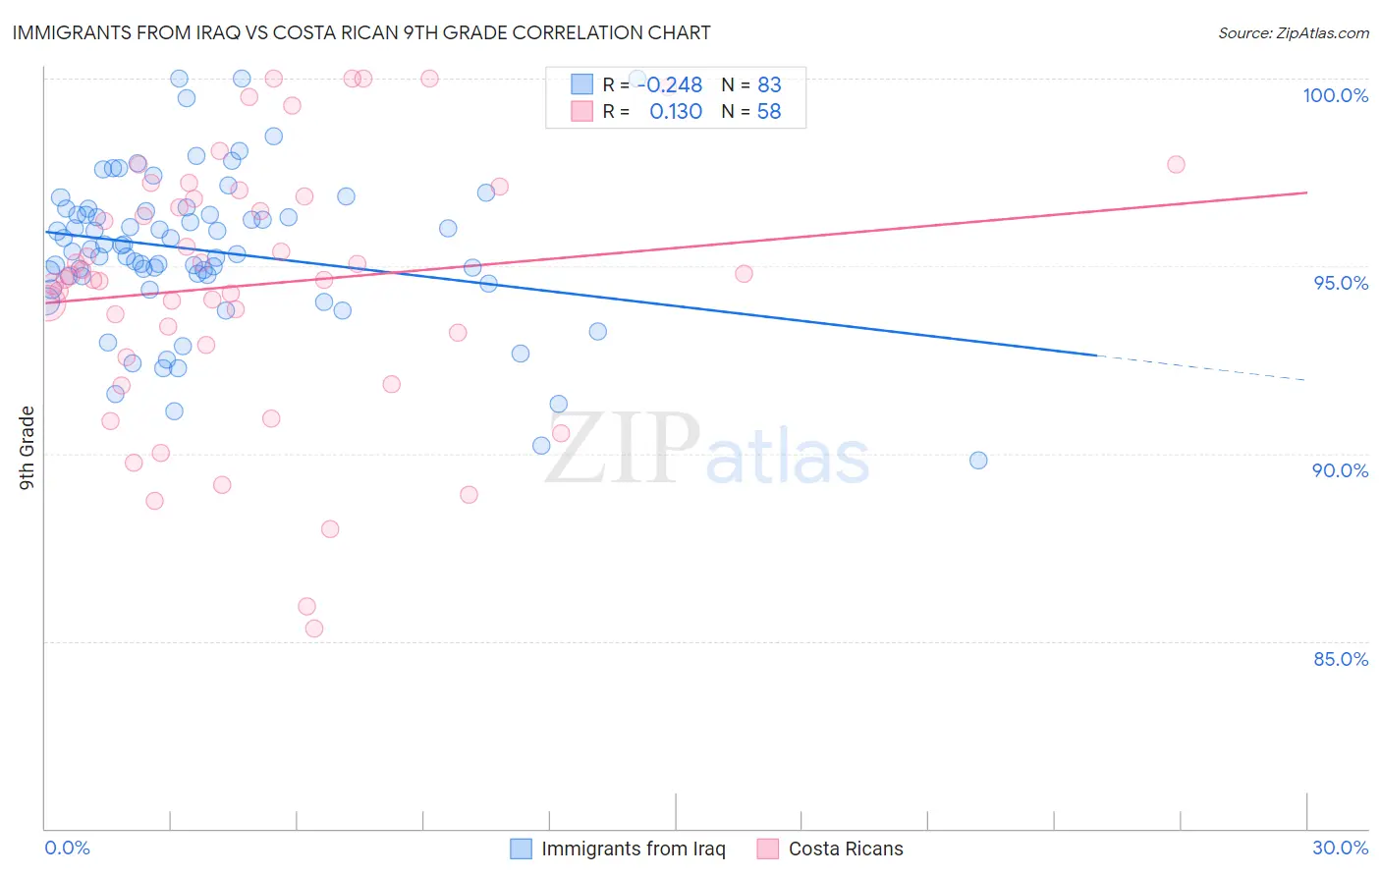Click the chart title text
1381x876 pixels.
(x=360, y=32)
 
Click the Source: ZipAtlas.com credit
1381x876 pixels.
(x=1293, y=32)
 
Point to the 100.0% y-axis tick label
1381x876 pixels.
(x=1335, y=95)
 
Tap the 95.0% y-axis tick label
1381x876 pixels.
(x=1340, y=283)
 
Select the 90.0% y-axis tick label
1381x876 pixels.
(x=1340, y=470)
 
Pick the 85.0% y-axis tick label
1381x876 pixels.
(x=1340, y=659)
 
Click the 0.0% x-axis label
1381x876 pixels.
(x=67, y=848)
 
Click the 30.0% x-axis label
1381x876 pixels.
(x=1340, y=848)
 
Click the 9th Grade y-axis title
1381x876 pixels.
(x=28, y=448)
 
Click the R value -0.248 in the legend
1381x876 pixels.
(x=674, y=85)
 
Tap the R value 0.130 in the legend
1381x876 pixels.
(x=676, y=112)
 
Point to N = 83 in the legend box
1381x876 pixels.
(x=751, y=85)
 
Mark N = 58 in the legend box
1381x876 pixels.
(x=751, y=112)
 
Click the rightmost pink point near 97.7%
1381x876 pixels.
(x=1176, y=164)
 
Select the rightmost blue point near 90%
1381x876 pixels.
(x=978, y=461)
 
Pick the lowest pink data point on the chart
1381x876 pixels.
(x=314, y=629)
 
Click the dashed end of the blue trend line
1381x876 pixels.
(x=1202, y=367)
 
